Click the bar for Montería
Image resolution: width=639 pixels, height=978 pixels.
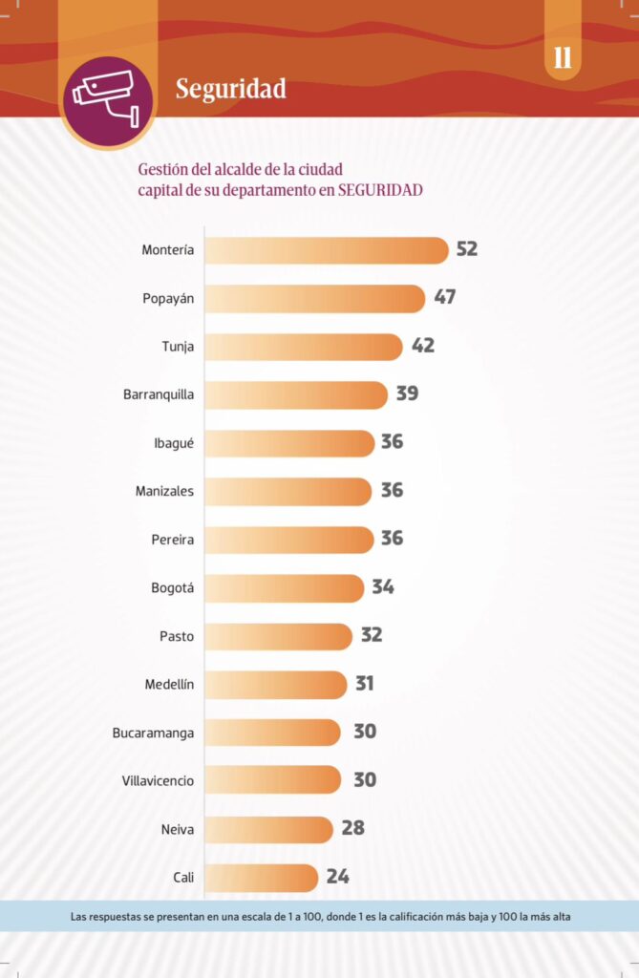click(x=326, y=250)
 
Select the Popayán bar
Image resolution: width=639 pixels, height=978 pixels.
click(x=314, y=298)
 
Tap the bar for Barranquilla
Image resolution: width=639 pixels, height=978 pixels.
click(x=295, y=394)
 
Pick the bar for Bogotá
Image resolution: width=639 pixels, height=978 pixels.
click(x=284, y=587)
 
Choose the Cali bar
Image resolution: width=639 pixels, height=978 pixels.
click(x=261, y=877)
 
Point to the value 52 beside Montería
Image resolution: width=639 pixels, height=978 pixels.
click(x=466, y=249)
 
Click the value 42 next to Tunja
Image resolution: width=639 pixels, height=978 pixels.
click(x=423, y=346)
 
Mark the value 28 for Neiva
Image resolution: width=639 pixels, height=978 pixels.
click(x=353, y=828)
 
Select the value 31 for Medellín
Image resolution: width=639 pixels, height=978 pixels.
click(x=364, y=684)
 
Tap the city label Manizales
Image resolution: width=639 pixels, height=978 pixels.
click(x=164, y=491)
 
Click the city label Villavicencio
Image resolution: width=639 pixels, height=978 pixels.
click(x=158, y=780)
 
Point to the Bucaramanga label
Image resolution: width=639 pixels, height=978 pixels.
click(x=153, y=733)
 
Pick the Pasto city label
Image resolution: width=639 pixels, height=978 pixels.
click(x=177, y=636)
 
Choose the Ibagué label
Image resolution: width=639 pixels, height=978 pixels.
click(x=174, y=442)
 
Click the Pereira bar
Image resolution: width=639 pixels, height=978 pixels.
click(x=288, y=540)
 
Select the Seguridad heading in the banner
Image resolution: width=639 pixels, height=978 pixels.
click(x=230, y=89)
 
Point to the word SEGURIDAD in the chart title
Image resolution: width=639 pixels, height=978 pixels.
click(x=380, y=190)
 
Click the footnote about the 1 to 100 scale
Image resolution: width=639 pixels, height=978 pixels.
click(x=320, y=917)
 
